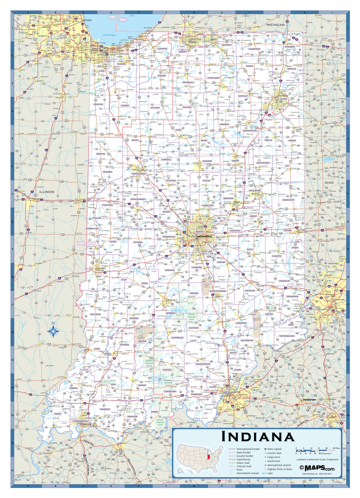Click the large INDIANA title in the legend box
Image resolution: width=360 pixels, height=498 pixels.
258,437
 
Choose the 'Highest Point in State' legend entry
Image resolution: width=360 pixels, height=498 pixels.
281,469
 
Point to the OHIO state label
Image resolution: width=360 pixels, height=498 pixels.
329,182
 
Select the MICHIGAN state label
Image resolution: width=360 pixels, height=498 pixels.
276,25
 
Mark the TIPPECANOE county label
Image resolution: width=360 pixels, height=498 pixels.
138,173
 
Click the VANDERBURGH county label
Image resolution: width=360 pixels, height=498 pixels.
81,421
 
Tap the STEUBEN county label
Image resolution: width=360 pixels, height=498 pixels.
290,47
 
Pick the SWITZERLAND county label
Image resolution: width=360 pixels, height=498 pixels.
287,335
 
